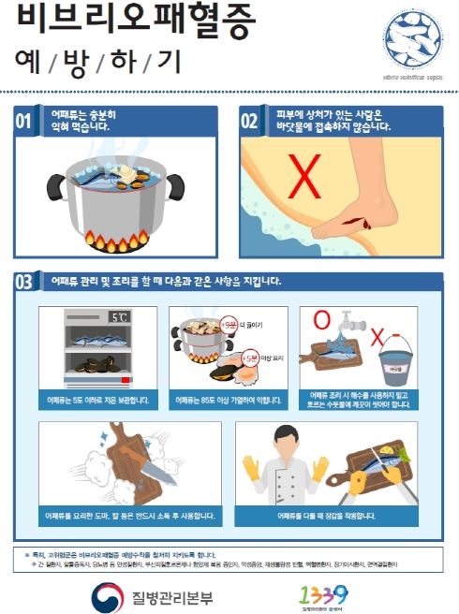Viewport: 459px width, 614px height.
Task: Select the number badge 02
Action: coord(250,121)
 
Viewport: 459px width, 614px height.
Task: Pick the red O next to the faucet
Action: coord(321,323)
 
